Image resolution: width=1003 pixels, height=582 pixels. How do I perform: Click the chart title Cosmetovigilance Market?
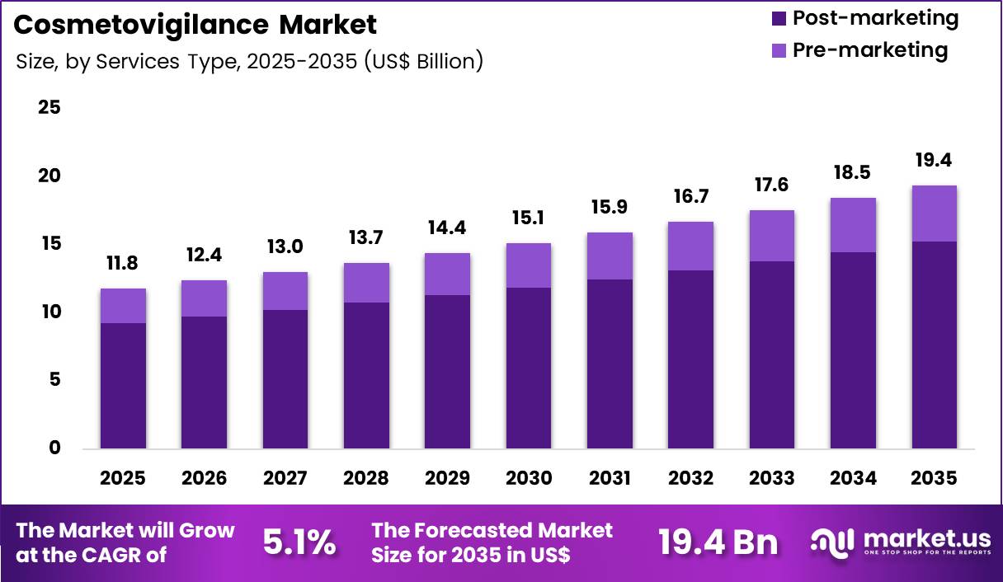click(x=195, y=25)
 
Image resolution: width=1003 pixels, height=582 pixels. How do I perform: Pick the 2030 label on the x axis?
click(x=529, y=478)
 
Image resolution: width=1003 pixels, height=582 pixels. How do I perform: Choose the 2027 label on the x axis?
click(x=285, y=478)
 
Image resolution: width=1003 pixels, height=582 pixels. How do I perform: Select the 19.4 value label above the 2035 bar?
click(x=934, y=160)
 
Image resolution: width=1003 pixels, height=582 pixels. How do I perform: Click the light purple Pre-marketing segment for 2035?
click(x=934, y=214)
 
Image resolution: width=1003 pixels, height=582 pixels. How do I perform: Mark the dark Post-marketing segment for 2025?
click(x=123, y=385)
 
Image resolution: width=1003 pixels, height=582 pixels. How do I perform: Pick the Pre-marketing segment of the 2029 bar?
click(x=448, y=274)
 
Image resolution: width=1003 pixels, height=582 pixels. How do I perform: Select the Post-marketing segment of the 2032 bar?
click(x=690, y=359)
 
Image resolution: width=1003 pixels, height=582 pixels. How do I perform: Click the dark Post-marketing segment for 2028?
click(x=366, y=375)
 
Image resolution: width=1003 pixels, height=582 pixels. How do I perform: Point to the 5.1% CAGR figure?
click(x=299, y=542)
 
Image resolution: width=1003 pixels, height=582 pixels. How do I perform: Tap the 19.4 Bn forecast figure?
click(x=718, y=542)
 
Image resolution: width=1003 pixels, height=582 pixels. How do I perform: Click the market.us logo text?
click(x=926, y=538)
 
